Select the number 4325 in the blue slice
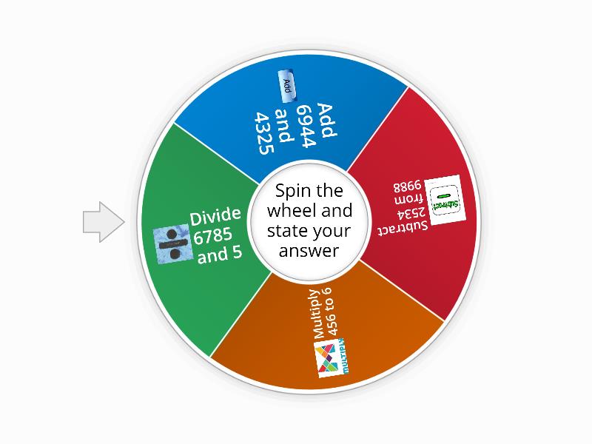264,133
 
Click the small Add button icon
286,86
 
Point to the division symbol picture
173,243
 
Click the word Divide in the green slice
215,216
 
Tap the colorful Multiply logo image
331,357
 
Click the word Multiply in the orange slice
316,314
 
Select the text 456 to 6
330,312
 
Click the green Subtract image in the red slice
445,199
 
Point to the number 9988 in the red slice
407,187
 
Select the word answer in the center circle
309,251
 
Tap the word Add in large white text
326,120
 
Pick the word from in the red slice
408,200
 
